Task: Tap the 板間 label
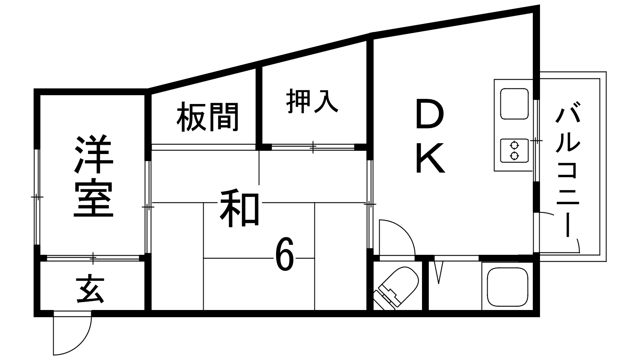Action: click(207, 117)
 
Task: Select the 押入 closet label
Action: click(312, 102)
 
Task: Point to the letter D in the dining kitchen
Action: click(430, 114)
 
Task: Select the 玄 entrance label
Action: click(90, 289)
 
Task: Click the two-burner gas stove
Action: click(514, 150)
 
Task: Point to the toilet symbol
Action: click(396, 287)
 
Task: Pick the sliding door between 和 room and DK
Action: click(370, 204)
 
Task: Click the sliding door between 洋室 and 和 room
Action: click(148, 207)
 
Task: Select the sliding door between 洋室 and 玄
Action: click(93, 258)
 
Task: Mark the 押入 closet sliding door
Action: click(313, 147)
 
